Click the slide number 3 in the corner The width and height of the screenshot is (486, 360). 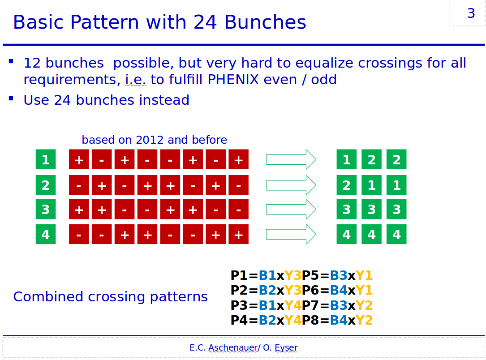[x=471, y=13]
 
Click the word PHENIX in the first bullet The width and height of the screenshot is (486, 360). [x=233, y=80]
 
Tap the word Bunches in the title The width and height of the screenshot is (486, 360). [x=265, y=22]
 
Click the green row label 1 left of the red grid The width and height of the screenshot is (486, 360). [x=46, y=159]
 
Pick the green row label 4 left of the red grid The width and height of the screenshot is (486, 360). [x=46, y=234]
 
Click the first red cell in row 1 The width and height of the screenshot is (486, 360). [x=79, y=159]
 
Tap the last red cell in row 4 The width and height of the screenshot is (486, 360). [x=238, y=234]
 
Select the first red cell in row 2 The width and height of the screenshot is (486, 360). [x=79, y=185]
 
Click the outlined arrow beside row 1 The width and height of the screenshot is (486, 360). [x=291, y=159]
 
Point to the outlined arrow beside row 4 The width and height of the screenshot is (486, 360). [x=291, y=234]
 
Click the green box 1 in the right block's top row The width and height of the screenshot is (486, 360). [x=347, y=159]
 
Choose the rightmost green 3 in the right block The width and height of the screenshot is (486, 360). [x=396, y=209]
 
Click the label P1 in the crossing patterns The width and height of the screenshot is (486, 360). [x=239, y=275]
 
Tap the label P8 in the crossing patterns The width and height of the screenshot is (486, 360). [x=310, y=320]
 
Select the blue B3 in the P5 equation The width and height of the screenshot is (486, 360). [x=339, y=275]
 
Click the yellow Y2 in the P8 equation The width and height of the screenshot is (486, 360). [x=364, y=320]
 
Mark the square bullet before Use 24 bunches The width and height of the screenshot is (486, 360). [x=11, y=99]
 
